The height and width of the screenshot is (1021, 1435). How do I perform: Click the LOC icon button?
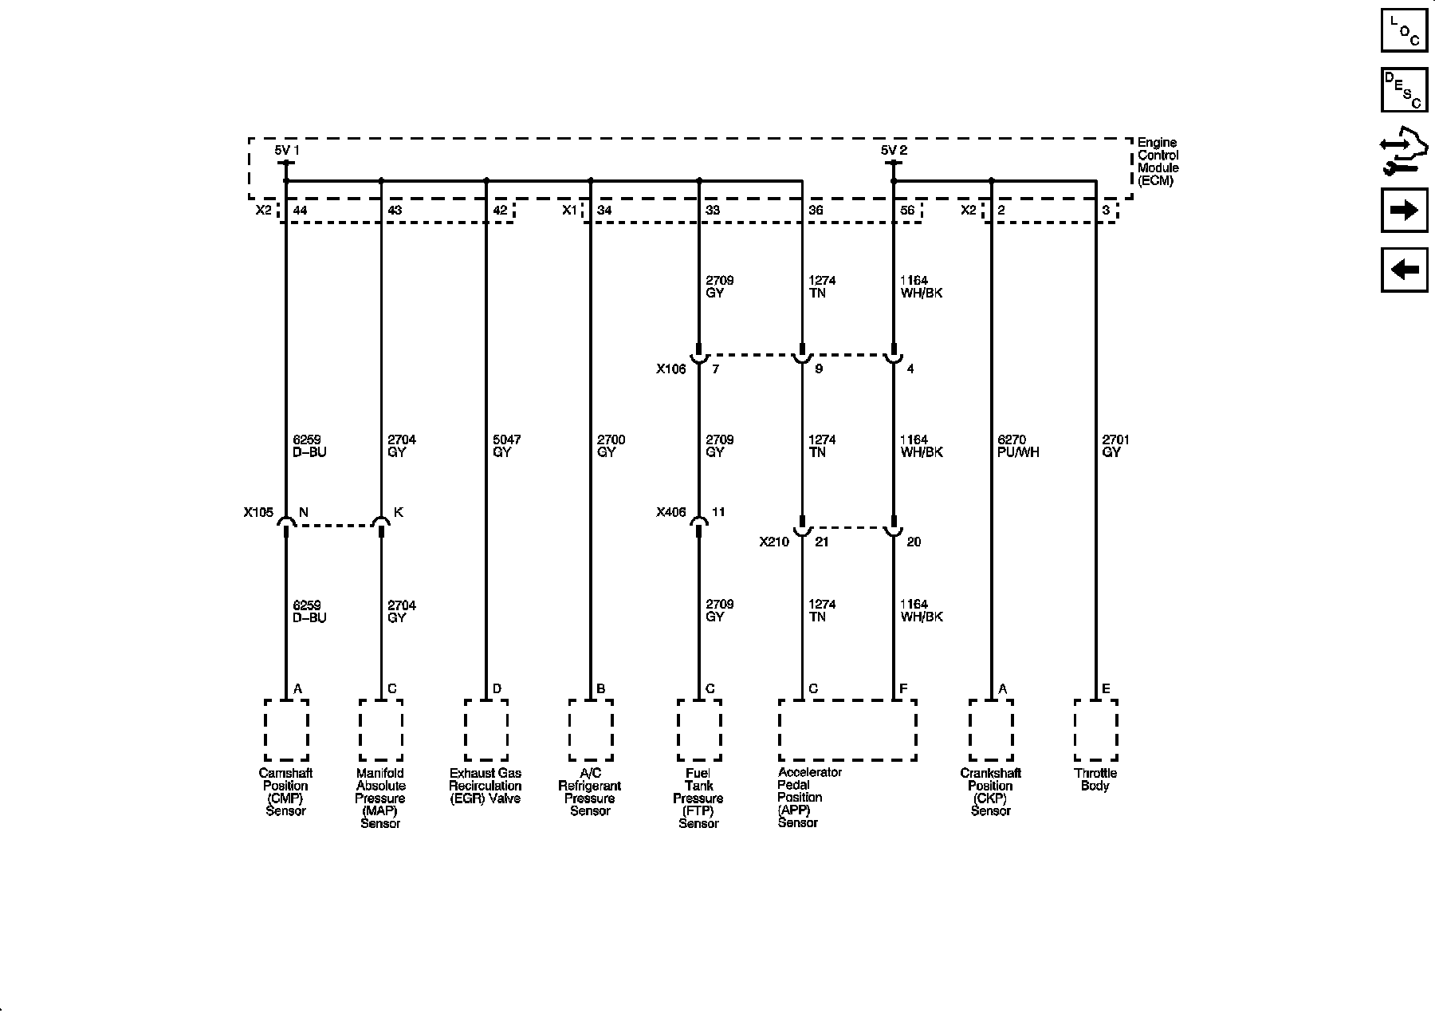(1404, 30)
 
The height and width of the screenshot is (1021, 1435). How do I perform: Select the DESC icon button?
(1404, 89)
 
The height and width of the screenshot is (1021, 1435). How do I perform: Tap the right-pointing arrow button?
(1404, 210)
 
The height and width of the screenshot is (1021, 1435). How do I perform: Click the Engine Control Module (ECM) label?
(1158, 162)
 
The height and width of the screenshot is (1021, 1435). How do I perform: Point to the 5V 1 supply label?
(287, 150)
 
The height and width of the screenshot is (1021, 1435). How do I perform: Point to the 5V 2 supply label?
(894, 150)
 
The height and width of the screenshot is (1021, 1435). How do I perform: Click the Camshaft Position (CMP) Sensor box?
(286, 730)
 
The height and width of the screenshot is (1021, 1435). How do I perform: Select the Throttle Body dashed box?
(1095, 730)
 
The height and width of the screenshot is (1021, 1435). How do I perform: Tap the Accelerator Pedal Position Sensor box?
(847, 730)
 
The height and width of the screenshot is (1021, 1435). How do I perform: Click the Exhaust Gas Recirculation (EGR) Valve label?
(485, 786)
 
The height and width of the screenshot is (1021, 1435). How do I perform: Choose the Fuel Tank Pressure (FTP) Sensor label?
(698, 798)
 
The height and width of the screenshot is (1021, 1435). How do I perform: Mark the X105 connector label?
(258, 513)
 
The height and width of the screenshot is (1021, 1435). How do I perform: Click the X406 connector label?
(670, 513)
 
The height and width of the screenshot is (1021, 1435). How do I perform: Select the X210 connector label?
(773, 542)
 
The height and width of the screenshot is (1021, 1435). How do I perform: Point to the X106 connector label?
(670, 369)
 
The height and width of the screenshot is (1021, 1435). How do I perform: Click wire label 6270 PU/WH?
(1018, 446)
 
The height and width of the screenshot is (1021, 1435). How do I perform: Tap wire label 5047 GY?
(508, 446)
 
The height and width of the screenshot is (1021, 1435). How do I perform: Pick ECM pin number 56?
(907, 211)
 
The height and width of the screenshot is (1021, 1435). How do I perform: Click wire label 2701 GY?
(1115, 446)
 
